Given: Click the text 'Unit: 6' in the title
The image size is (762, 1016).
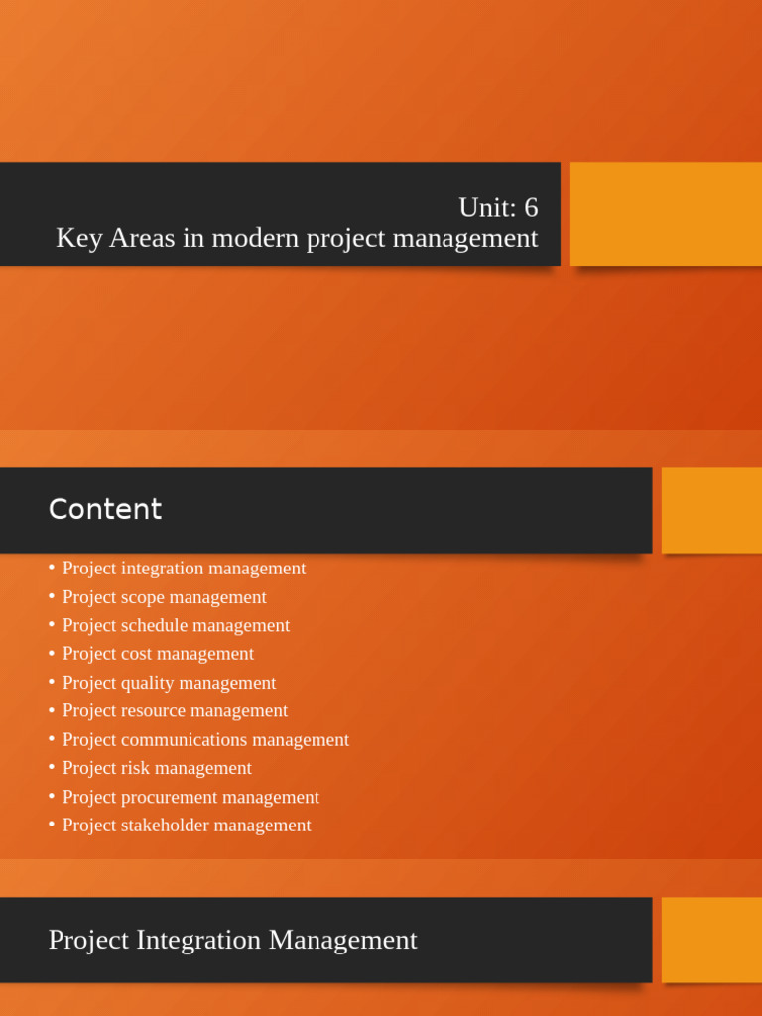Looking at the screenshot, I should [x=498, y=207].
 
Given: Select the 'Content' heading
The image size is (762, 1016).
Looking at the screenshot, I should [x=104, y=509].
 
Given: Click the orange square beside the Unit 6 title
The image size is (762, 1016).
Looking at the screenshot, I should [x=665, y=213].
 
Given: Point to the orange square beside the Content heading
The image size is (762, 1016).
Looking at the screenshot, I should [x=711, y=510].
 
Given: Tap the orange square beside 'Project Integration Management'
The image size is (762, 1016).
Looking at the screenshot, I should [x=711, y=940].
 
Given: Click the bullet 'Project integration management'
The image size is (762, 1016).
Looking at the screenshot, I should [x=184, y=569].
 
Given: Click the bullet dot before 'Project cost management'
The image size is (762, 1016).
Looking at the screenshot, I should [x=52, y=653].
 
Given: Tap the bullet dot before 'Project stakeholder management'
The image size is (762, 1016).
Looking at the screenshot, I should [x=52, y=825].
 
